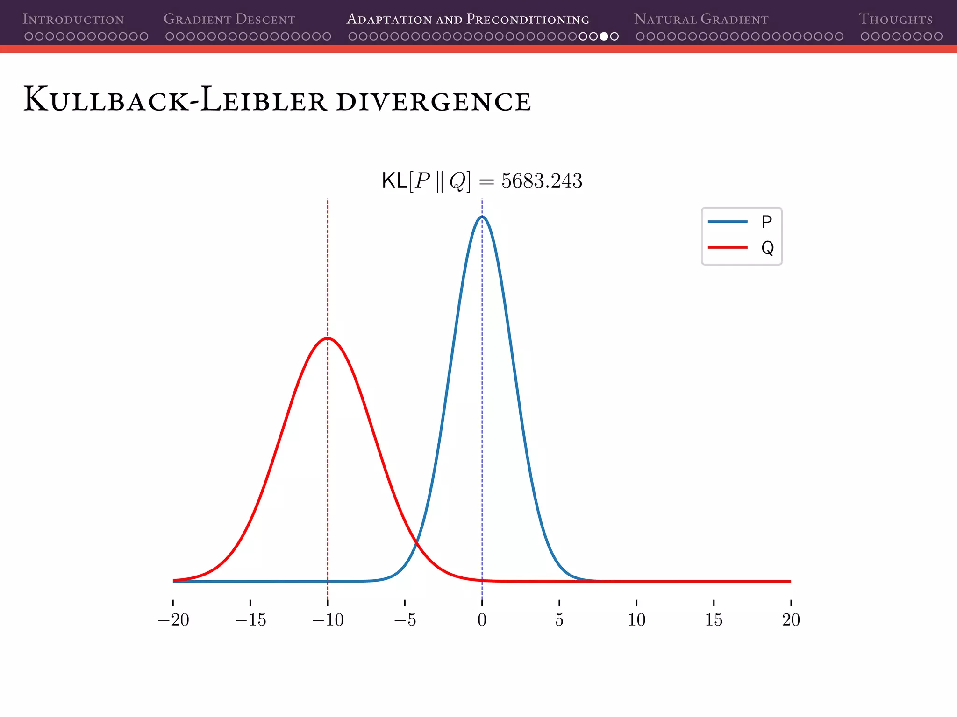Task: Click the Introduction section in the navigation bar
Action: (73, 19)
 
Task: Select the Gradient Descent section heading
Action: (229, 19)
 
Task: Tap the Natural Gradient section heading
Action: (701, 19)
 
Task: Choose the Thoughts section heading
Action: (895, 19)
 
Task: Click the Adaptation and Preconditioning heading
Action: (468, 19)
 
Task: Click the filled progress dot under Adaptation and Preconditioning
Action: (604, 36)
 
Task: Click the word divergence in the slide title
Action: (433, 101)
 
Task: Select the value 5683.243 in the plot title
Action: (542, 181)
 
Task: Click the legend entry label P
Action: (766, 222)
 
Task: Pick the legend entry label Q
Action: (767, 248)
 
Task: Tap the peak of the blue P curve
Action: (482, 217)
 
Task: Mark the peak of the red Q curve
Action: (328, 338)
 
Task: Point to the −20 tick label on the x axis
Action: (173, 620)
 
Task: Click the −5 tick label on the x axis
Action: (405, 620)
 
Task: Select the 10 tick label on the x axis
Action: (636, 620)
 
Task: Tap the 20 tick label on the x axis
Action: (791, 620)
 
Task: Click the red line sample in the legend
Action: (728, 247)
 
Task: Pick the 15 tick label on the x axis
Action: (714, 620)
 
